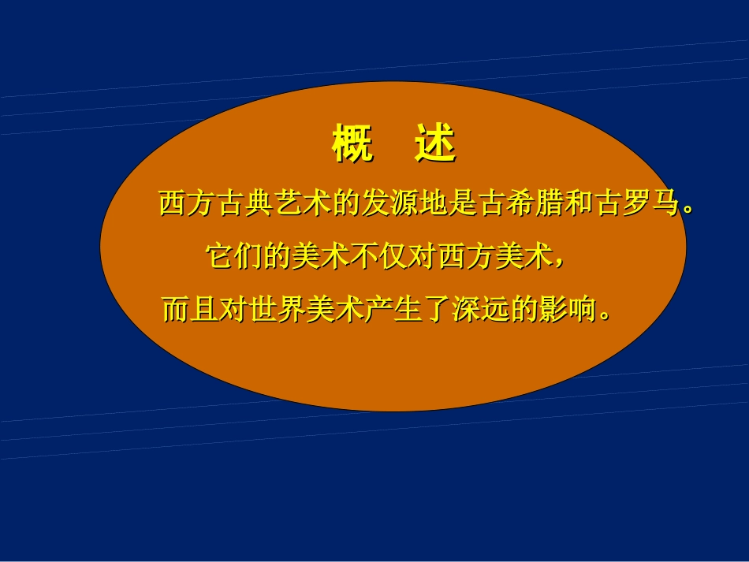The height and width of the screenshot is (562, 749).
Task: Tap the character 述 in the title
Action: [x=435, y=144]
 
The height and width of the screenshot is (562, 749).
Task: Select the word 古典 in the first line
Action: [x=245, y=204]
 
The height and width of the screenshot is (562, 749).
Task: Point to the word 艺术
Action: [x=303, y=204]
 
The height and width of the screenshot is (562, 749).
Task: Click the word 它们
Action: [x=234, y=257]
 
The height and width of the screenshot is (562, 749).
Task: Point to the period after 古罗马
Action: [x=688, y=210]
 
